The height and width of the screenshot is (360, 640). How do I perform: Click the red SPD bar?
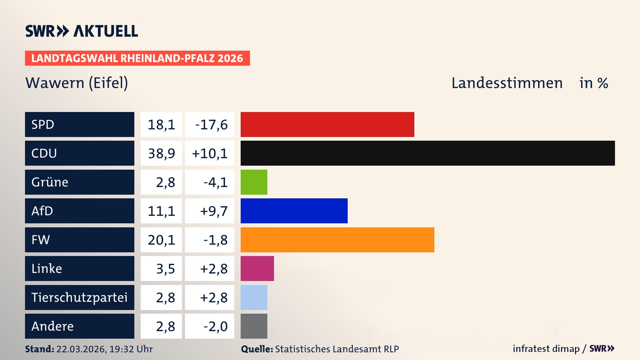[x=327, y=124]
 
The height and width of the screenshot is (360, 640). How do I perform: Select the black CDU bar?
[x=428, y=153]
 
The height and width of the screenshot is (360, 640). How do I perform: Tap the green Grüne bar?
[x=254, y=182]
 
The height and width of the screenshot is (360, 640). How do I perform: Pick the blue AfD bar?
[x=294, y=211]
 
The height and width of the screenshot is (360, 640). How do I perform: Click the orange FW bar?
[x=337, y=240]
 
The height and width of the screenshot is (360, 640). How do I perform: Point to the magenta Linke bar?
[x=257, y=268]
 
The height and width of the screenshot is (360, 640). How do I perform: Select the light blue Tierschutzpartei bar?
[x=254, y=297]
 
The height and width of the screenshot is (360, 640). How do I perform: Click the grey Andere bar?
[x=254, y=326]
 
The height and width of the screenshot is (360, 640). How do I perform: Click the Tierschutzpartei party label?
[x=79, y=297]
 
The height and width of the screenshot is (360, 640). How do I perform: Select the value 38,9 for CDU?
[x=161, y=153]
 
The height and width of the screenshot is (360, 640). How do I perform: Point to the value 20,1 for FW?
[x=161, y=240]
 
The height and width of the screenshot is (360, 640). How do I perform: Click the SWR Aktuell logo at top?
[x=82, y=31]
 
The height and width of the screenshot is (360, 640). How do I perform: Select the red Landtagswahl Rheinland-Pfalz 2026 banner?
[x=137, y=58]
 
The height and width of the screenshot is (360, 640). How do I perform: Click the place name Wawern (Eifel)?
[x=77, y=83]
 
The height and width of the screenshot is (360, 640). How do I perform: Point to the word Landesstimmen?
[x=507, y=83]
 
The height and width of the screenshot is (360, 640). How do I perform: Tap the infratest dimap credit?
[x=546, y=349]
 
